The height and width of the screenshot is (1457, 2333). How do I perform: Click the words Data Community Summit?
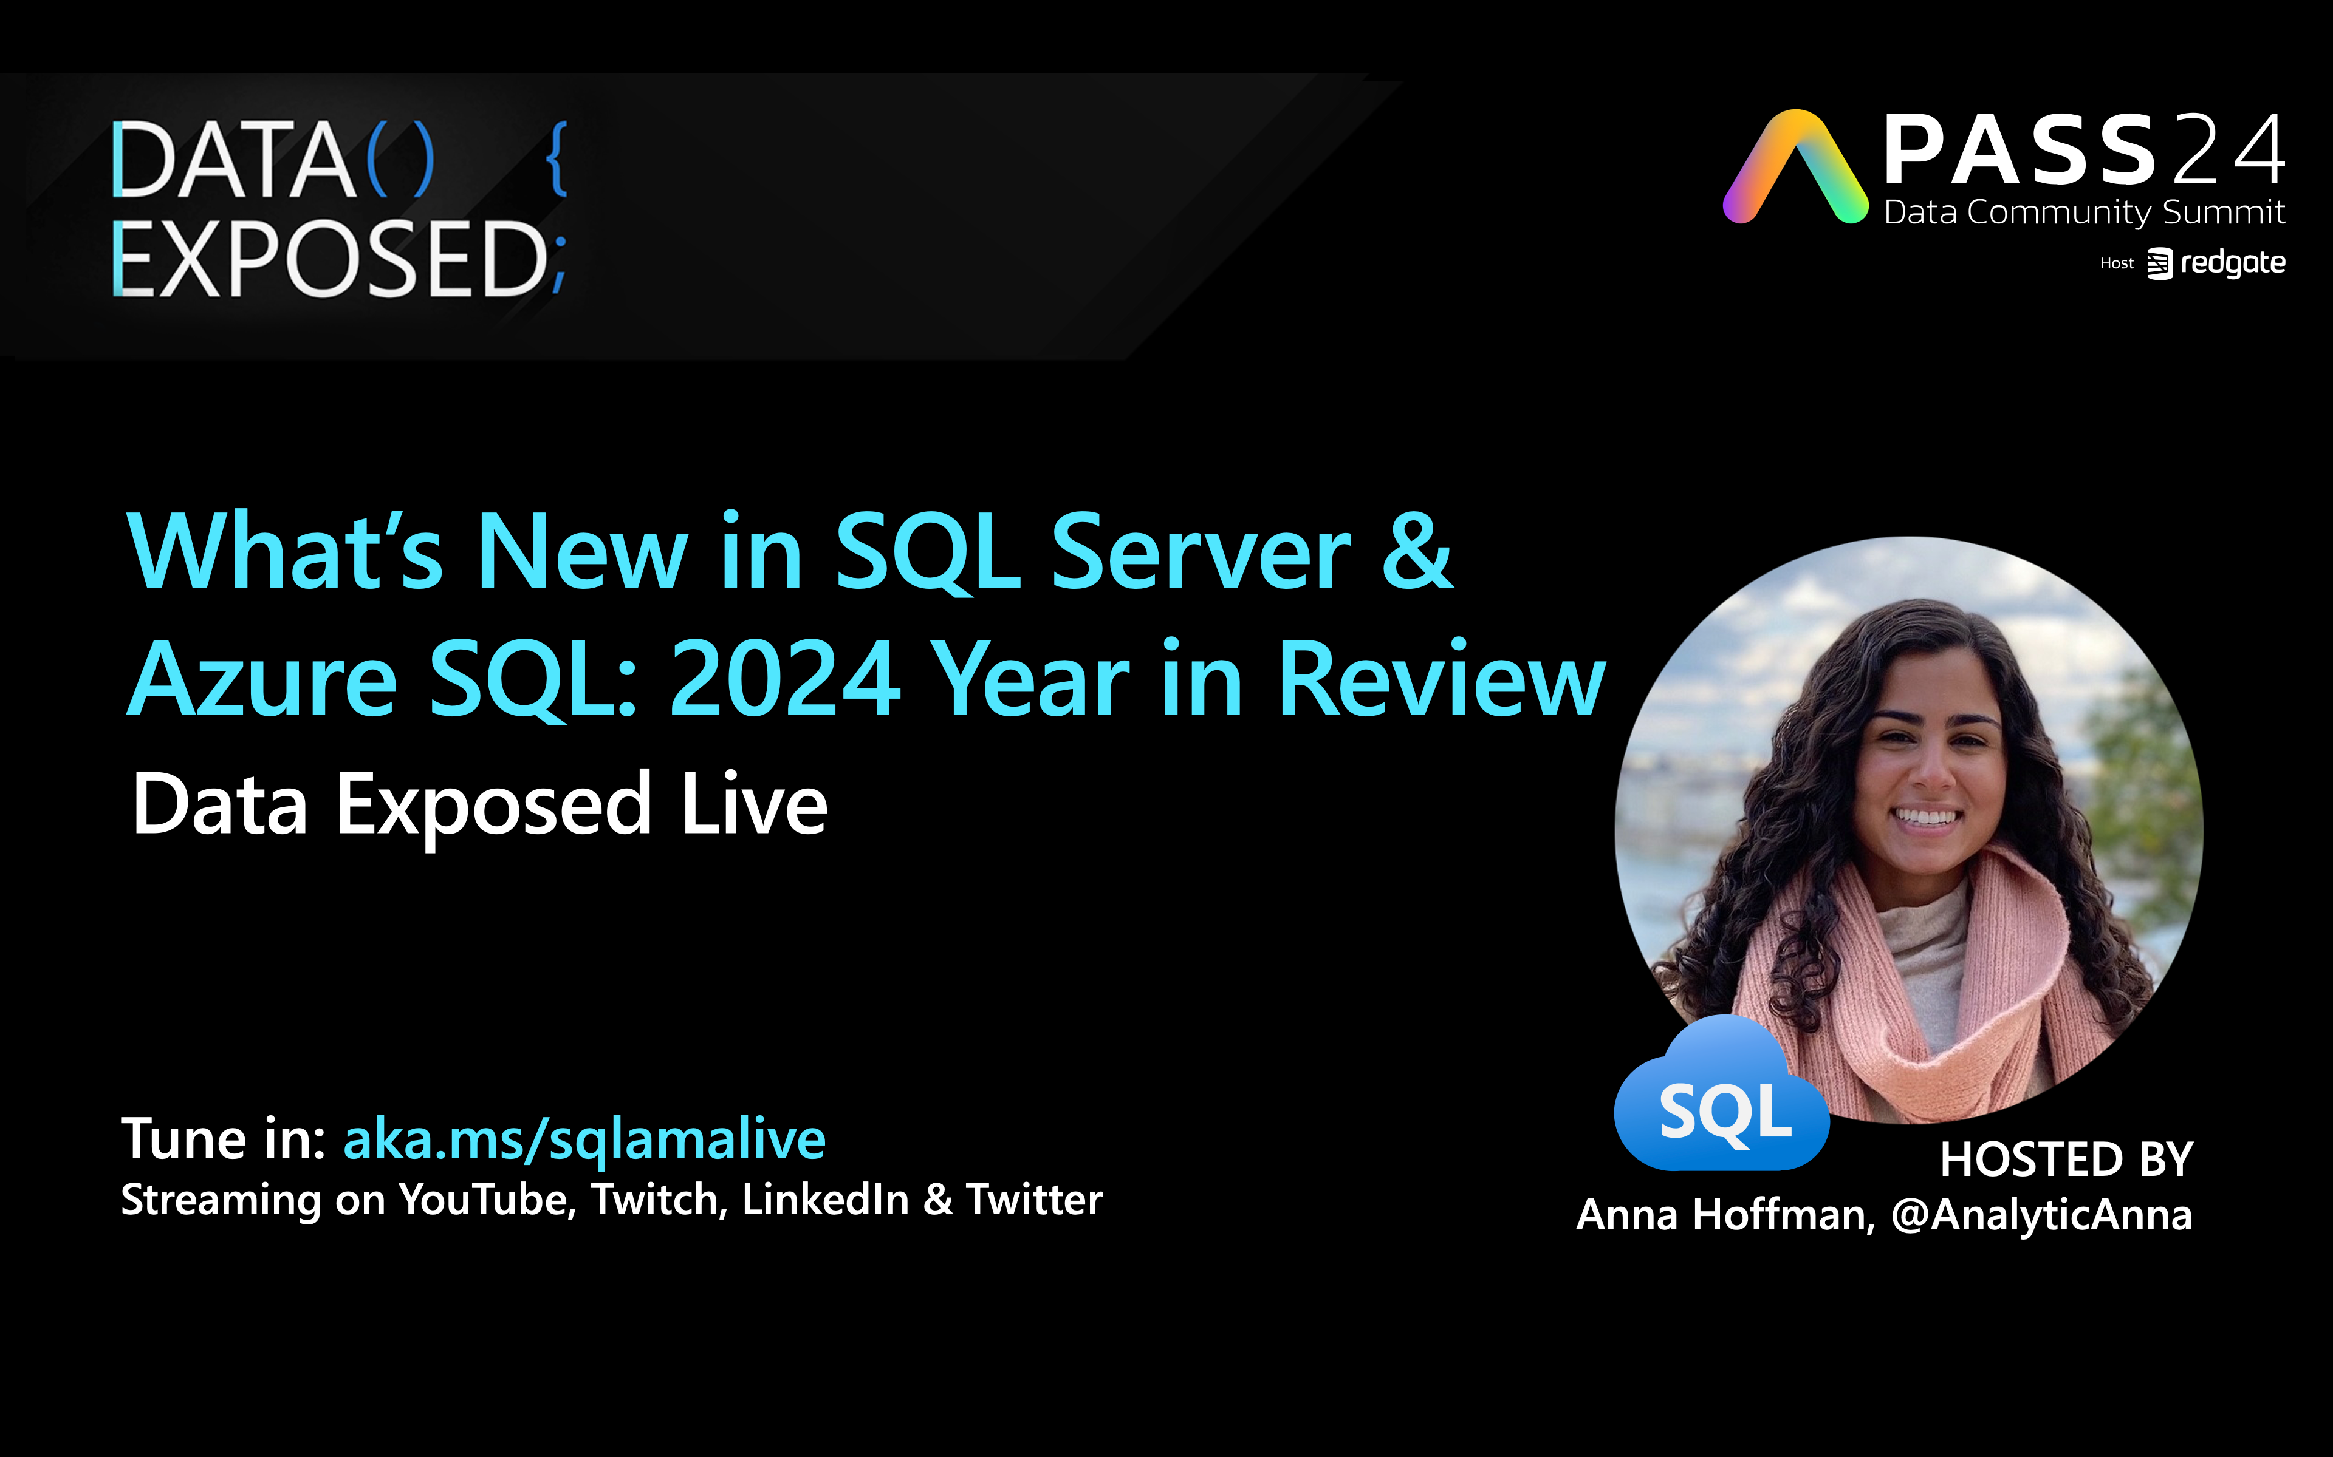point(2085,212)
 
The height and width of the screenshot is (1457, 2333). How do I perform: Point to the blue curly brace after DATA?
point(557,159)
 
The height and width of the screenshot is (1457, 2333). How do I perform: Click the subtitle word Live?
point(754,804)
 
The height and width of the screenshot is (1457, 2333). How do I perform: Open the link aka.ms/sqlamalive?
point(584,1140)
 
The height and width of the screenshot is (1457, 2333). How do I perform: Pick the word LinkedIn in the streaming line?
point(825,1200)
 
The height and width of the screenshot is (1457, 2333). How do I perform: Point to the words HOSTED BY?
point(2066,1160)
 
